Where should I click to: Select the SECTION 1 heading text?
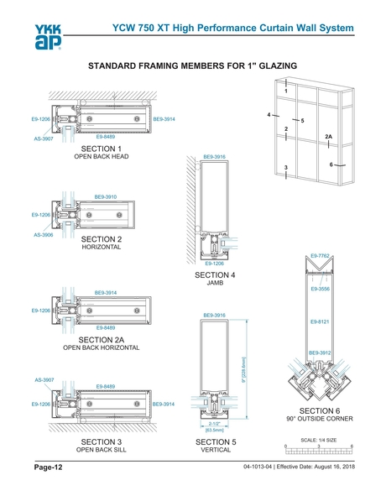click(x=102, y=149)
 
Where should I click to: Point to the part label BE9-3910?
click(x=106, y=197)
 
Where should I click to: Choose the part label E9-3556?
click(x=321, y=289)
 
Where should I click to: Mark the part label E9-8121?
click(x=321, y=321)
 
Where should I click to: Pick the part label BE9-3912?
click(x=321, y=352)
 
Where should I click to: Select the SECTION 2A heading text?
click(x=102, y=339)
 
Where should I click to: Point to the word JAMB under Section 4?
click(x=215, y=284)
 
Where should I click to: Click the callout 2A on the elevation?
click(x=329, y=136)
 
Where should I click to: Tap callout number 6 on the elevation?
click(x=331, y=164)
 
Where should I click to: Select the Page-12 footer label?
click(x=48, y=466)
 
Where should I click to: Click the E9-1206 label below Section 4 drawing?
click(x=215, y=264)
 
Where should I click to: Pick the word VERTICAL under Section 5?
click(x=215, y=450)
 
